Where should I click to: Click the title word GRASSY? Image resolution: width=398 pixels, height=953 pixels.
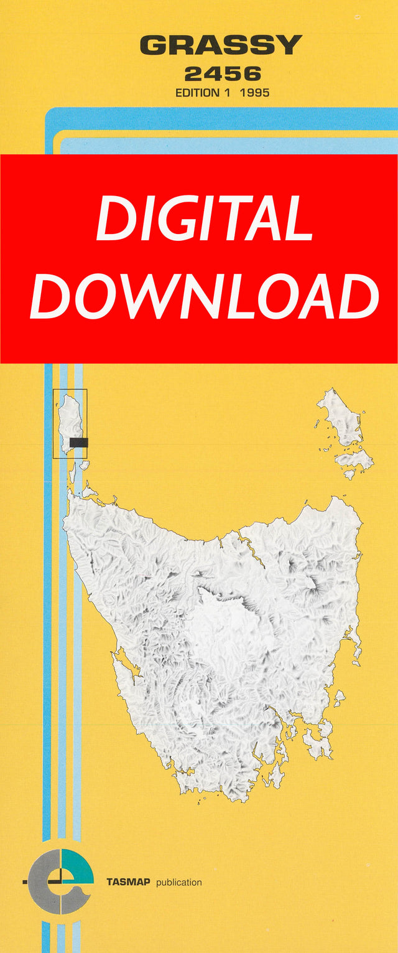pos(221,45)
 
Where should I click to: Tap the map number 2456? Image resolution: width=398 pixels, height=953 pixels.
pos(223,75)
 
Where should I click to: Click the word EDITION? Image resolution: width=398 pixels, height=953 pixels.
pos(197,93)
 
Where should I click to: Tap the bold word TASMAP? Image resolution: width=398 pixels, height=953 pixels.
pos(129,882)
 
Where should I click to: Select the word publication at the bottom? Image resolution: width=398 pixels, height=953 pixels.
pos(179,883)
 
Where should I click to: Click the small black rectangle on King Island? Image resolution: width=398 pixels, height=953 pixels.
pos(78,443)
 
